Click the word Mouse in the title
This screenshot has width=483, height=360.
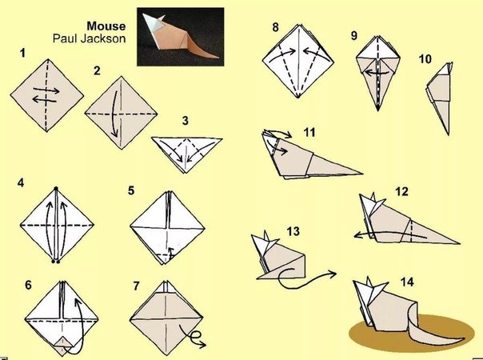click(106, 26)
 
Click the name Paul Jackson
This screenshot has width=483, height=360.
click(89, 38)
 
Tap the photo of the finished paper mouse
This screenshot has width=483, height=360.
click(181, 37)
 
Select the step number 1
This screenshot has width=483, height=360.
click(22, 53)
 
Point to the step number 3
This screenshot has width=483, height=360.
click(185, 121)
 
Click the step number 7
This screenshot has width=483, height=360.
click(137, 286)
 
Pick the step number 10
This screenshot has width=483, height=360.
click(425, 59)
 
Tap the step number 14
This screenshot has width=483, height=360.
click(407, 282)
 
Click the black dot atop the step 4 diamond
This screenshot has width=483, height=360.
click(56, 188)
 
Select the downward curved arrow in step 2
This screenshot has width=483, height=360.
click(114, 114)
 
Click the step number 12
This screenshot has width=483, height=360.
click(401, 192)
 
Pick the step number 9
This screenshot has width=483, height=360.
click(354, 36)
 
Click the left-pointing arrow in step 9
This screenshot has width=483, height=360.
click(376, 74)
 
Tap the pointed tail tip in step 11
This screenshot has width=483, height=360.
click(362, 174)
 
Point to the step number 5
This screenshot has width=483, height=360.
click(131, 190)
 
